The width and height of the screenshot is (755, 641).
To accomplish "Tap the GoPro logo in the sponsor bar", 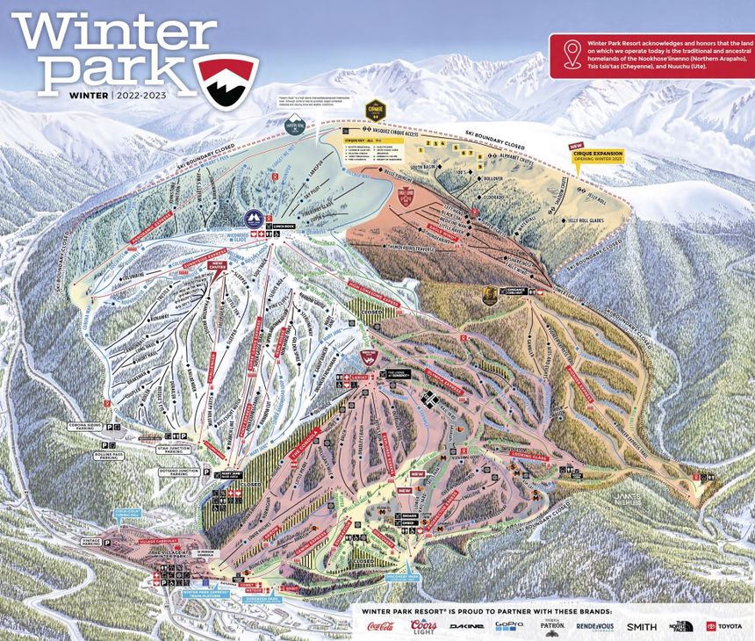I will (508, 626).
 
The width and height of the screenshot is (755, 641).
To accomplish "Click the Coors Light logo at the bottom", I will (422, 626).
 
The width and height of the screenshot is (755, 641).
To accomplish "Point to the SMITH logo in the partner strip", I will (641, 626).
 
